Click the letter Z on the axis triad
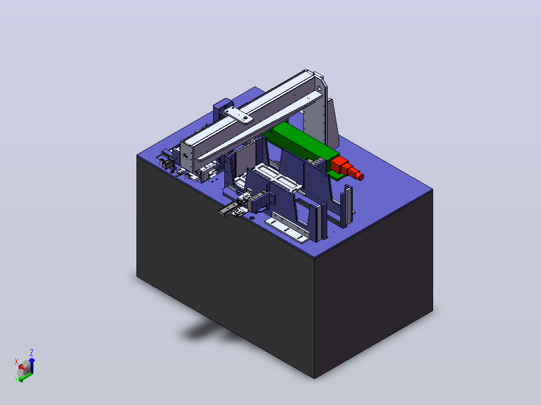click(x=32, y=352)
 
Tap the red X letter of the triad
click(x=16, y=361)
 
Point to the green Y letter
click(x=17, y=379)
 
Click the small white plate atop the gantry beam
click(x=238, y=115)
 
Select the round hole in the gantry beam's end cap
click(x=186, y=156)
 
